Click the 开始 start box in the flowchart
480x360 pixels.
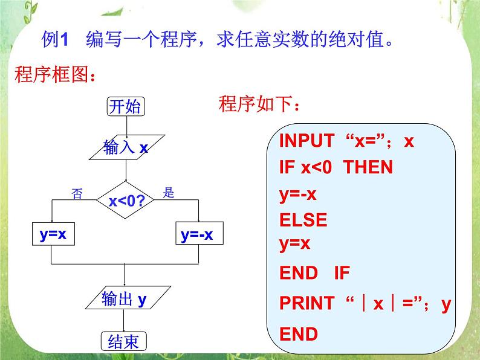pos(126,107)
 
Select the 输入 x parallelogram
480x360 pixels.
pos(126,147)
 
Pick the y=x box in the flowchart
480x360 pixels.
pos(53,236)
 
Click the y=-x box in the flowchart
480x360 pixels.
pos(198,236)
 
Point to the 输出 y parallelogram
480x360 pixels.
pos(125,299)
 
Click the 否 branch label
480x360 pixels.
pos(77,193)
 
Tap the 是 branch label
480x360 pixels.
pos(169,193)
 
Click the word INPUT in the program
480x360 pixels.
pos(306,141)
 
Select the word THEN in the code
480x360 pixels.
pos(368,167)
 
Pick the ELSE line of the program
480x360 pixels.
pos(303,220)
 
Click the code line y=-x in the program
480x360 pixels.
pos(298,194)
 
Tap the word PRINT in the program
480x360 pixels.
pos(306,303)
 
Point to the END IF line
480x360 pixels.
pos(314,273)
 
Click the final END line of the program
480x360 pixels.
pos(298,334)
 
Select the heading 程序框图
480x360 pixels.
pos(54,77)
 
